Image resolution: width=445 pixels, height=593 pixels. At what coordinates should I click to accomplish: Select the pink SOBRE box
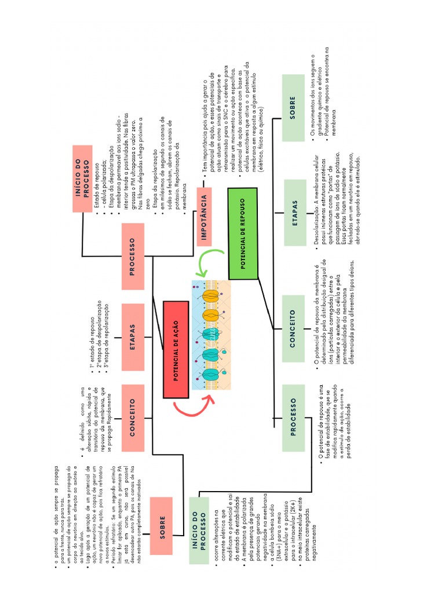[x=163, y=519]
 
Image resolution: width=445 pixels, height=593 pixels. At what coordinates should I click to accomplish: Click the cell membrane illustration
[x=211, y=335]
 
